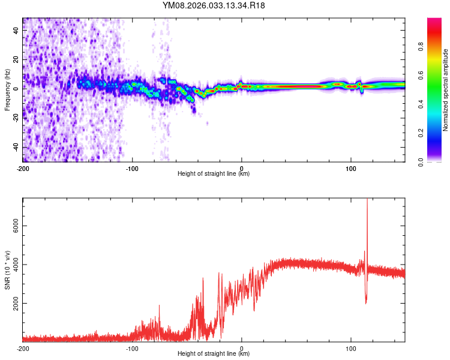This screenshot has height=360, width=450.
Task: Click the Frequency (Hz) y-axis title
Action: click(x=7, y=90)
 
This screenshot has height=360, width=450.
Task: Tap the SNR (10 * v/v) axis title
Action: click(x=7, y=270)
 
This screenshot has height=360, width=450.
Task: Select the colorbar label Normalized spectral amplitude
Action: click(x=445, y=90)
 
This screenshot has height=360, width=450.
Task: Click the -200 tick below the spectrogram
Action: click(x=23, y=167)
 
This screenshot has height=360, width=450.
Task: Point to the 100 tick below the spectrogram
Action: click(x=351, y=167)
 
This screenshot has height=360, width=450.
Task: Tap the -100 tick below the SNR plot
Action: click(x=132, y=347)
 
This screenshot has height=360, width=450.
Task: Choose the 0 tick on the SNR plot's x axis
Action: click(x=242, y=347)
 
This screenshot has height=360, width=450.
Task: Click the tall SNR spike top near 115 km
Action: click(x=367, y=200)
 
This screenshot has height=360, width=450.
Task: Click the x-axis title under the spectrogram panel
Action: click(x=214, y=174)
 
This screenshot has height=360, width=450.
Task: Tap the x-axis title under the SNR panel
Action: click(x=214, y=354)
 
